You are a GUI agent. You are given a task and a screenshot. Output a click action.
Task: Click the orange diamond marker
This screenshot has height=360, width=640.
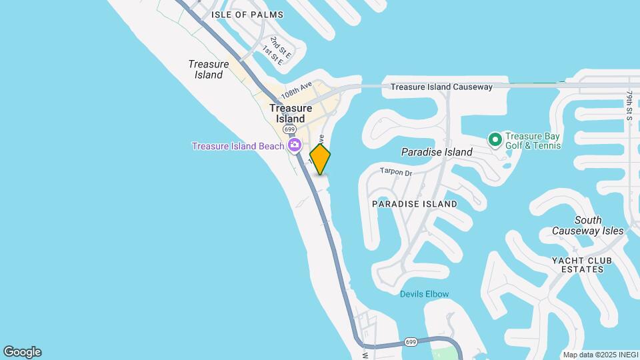(x=320, y=159)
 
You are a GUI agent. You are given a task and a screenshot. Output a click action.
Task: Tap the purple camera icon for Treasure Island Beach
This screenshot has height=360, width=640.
(x=294, y=145)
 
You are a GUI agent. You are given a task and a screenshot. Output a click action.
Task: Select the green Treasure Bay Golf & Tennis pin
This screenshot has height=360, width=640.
(x=495, y=139)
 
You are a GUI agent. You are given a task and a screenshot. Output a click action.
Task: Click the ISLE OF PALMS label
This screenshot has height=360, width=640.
(x=247, y=15)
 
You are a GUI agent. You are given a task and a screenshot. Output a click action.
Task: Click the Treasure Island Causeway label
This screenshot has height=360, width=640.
(x=441, y=87)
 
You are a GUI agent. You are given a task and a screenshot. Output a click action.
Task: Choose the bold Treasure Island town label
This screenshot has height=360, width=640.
(x=291, y=113)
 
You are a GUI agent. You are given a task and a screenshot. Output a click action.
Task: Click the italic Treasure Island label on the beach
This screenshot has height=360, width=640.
(x=209, y=69)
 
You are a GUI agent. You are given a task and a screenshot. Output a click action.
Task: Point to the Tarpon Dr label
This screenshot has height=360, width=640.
(x=396, y=172)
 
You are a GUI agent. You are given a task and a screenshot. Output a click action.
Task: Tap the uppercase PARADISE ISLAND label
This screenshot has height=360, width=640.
(x=415, y=203)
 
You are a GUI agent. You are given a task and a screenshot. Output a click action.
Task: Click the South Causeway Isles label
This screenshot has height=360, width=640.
(x=588, y=225)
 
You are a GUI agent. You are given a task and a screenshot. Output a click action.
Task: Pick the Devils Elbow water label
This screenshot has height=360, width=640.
(x=424, y=294)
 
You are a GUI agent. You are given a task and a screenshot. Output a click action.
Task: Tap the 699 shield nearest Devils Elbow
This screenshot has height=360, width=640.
(x=412, y=342)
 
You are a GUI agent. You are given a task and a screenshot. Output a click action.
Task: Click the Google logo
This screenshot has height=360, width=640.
(x=22, y=352)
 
